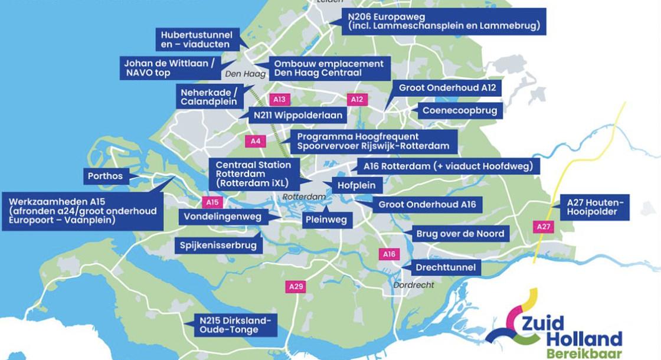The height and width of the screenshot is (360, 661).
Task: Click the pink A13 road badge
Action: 280,99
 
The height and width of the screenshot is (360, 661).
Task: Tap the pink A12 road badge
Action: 356,99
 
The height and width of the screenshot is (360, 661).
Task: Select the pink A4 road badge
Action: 256,141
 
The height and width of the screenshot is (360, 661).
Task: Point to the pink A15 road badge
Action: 212,202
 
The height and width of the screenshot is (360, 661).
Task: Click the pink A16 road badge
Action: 388,254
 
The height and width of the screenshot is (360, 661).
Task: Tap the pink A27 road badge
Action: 544,226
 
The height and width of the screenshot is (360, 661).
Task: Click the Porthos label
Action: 105,176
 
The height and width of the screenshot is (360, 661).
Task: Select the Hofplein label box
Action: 356,185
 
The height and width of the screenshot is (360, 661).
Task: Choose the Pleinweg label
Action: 328,220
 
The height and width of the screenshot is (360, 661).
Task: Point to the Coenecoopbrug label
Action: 460,110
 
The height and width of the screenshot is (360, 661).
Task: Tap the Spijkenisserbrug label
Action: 219,245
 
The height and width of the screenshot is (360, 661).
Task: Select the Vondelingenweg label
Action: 222,217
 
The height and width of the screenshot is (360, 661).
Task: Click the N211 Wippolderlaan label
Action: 286,116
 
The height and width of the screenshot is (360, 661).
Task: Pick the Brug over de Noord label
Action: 460,234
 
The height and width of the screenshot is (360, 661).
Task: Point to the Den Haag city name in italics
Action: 241,74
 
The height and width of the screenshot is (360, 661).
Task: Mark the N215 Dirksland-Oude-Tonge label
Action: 235,325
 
